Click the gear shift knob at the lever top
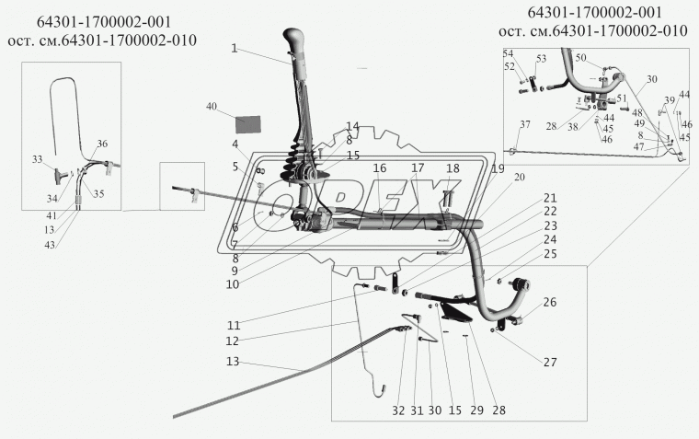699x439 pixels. coord(294,43)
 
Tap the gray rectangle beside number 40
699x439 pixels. coord(246,122)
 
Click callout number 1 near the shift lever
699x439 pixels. coord(235,48)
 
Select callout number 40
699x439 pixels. coord(212,108)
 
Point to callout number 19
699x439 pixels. coord(498,169)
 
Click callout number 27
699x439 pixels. coord(549,362)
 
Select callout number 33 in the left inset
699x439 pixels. coord(37,160)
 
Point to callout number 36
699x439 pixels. coord(101,144)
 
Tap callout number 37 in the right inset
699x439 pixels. coord(525,125)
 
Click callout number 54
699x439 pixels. coord(508,53)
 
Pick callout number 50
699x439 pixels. coord(580,57)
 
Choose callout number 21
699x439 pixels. coord(549,198)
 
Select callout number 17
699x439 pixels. coord(418,168)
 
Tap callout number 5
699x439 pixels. coord(235,167)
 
